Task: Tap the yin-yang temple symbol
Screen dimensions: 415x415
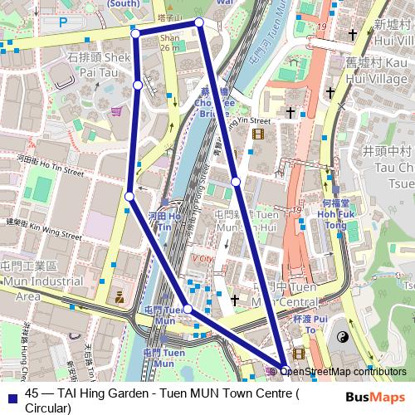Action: pyautogui.click(x=342, y=337)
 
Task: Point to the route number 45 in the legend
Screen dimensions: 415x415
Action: pyautogui.click(x=33, y=394)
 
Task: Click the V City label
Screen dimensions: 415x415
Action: pyautogui.click(x=203, y=258)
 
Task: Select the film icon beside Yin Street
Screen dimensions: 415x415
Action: pyautogui.click(x=258, y=134)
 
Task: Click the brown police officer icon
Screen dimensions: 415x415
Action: pyautogui.click(x=120, y=295)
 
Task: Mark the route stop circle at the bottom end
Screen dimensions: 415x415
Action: pyautogui.click(x=285, y=371)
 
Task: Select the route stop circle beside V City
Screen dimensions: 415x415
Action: pyautogui.click(x=188, y=309)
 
